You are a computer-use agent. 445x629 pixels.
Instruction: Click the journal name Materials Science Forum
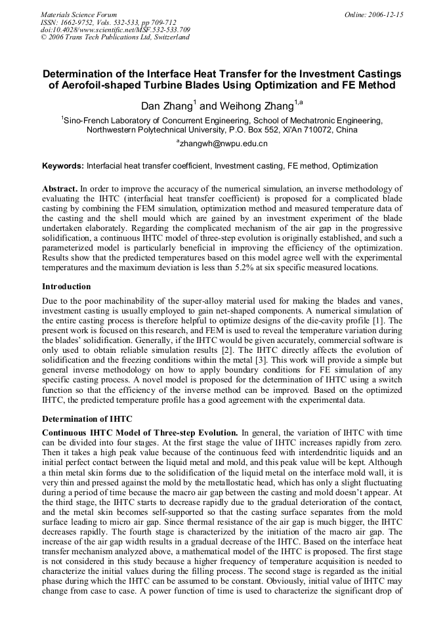point(79,14)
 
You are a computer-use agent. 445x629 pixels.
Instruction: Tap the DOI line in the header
point(116,30)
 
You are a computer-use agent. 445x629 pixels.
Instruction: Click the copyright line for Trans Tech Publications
point(115,37)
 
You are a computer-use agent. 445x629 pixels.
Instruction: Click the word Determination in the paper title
point(81,74)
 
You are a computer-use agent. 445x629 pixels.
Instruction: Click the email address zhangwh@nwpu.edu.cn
point(224,143)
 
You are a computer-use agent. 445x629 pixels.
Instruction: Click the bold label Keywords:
point(62,166)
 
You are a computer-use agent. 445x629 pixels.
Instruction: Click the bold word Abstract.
point(60,188)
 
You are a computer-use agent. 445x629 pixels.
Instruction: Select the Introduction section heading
point(66,287)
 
